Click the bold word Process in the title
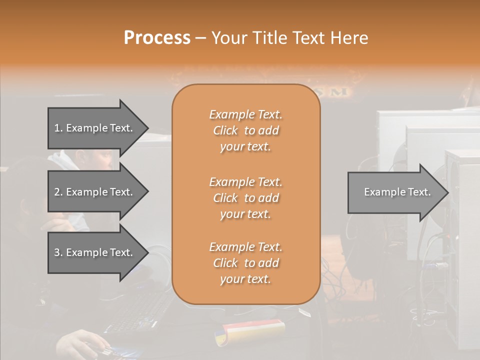tap(157, 38)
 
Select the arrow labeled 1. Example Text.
tap(95, 128)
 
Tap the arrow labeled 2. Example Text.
tap(95, 192)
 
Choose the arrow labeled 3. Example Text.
tap(95, 252)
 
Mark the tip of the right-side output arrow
tap(447, 192)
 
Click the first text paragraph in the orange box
tap(245, 130)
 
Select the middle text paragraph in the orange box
tap(245, 198)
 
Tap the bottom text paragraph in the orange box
tap(245, 263)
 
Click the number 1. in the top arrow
tap(58, 128)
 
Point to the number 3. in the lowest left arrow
tap(58, 252)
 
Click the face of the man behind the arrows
tap(102, 160)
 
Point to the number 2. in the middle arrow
tap(58, 192)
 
